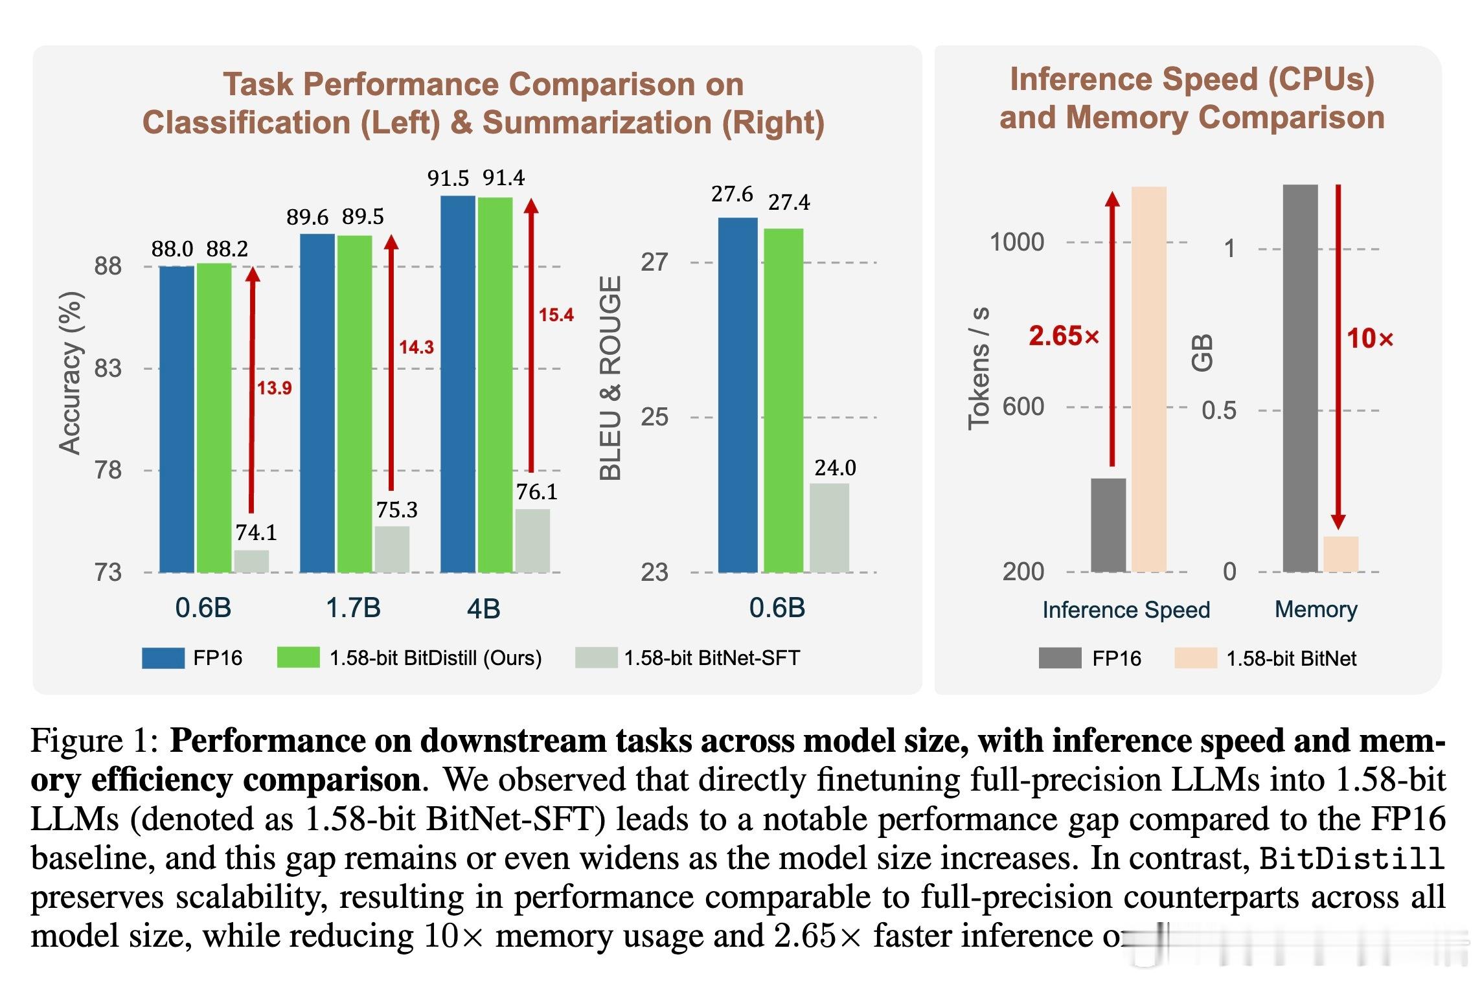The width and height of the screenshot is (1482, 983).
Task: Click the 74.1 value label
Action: point(256,532)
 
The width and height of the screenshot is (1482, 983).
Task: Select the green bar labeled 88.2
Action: point(214,418)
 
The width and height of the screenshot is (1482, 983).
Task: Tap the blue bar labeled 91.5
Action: point(457,383)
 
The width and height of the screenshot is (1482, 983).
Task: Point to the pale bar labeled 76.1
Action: point(532,541)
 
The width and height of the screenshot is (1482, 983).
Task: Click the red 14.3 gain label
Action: point(416,348)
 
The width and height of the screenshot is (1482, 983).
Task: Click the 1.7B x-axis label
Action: point(353,608)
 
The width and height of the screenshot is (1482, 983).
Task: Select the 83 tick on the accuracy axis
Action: point(108,368)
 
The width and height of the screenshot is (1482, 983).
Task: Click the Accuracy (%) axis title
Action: point(71,374)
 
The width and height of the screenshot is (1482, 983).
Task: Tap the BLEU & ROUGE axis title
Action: point(611,378)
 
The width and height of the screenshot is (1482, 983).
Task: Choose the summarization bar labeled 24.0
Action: point(829,528)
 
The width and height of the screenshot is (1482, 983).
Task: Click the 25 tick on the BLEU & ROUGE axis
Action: point(654,418)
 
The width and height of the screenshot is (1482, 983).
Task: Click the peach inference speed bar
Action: point(1148,379)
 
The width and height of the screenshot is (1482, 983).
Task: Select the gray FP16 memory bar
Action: point(1300,378)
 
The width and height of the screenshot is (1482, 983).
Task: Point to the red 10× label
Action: point(1370,339)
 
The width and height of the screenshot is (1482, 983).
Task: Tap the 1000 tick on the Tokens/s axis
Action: point(1017,242)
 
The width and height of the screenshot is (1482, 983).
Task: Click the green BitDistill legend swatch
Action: point(298,658)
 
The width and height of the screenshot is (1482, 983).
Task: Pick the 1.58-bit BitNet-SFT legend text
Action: point(712,658)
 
